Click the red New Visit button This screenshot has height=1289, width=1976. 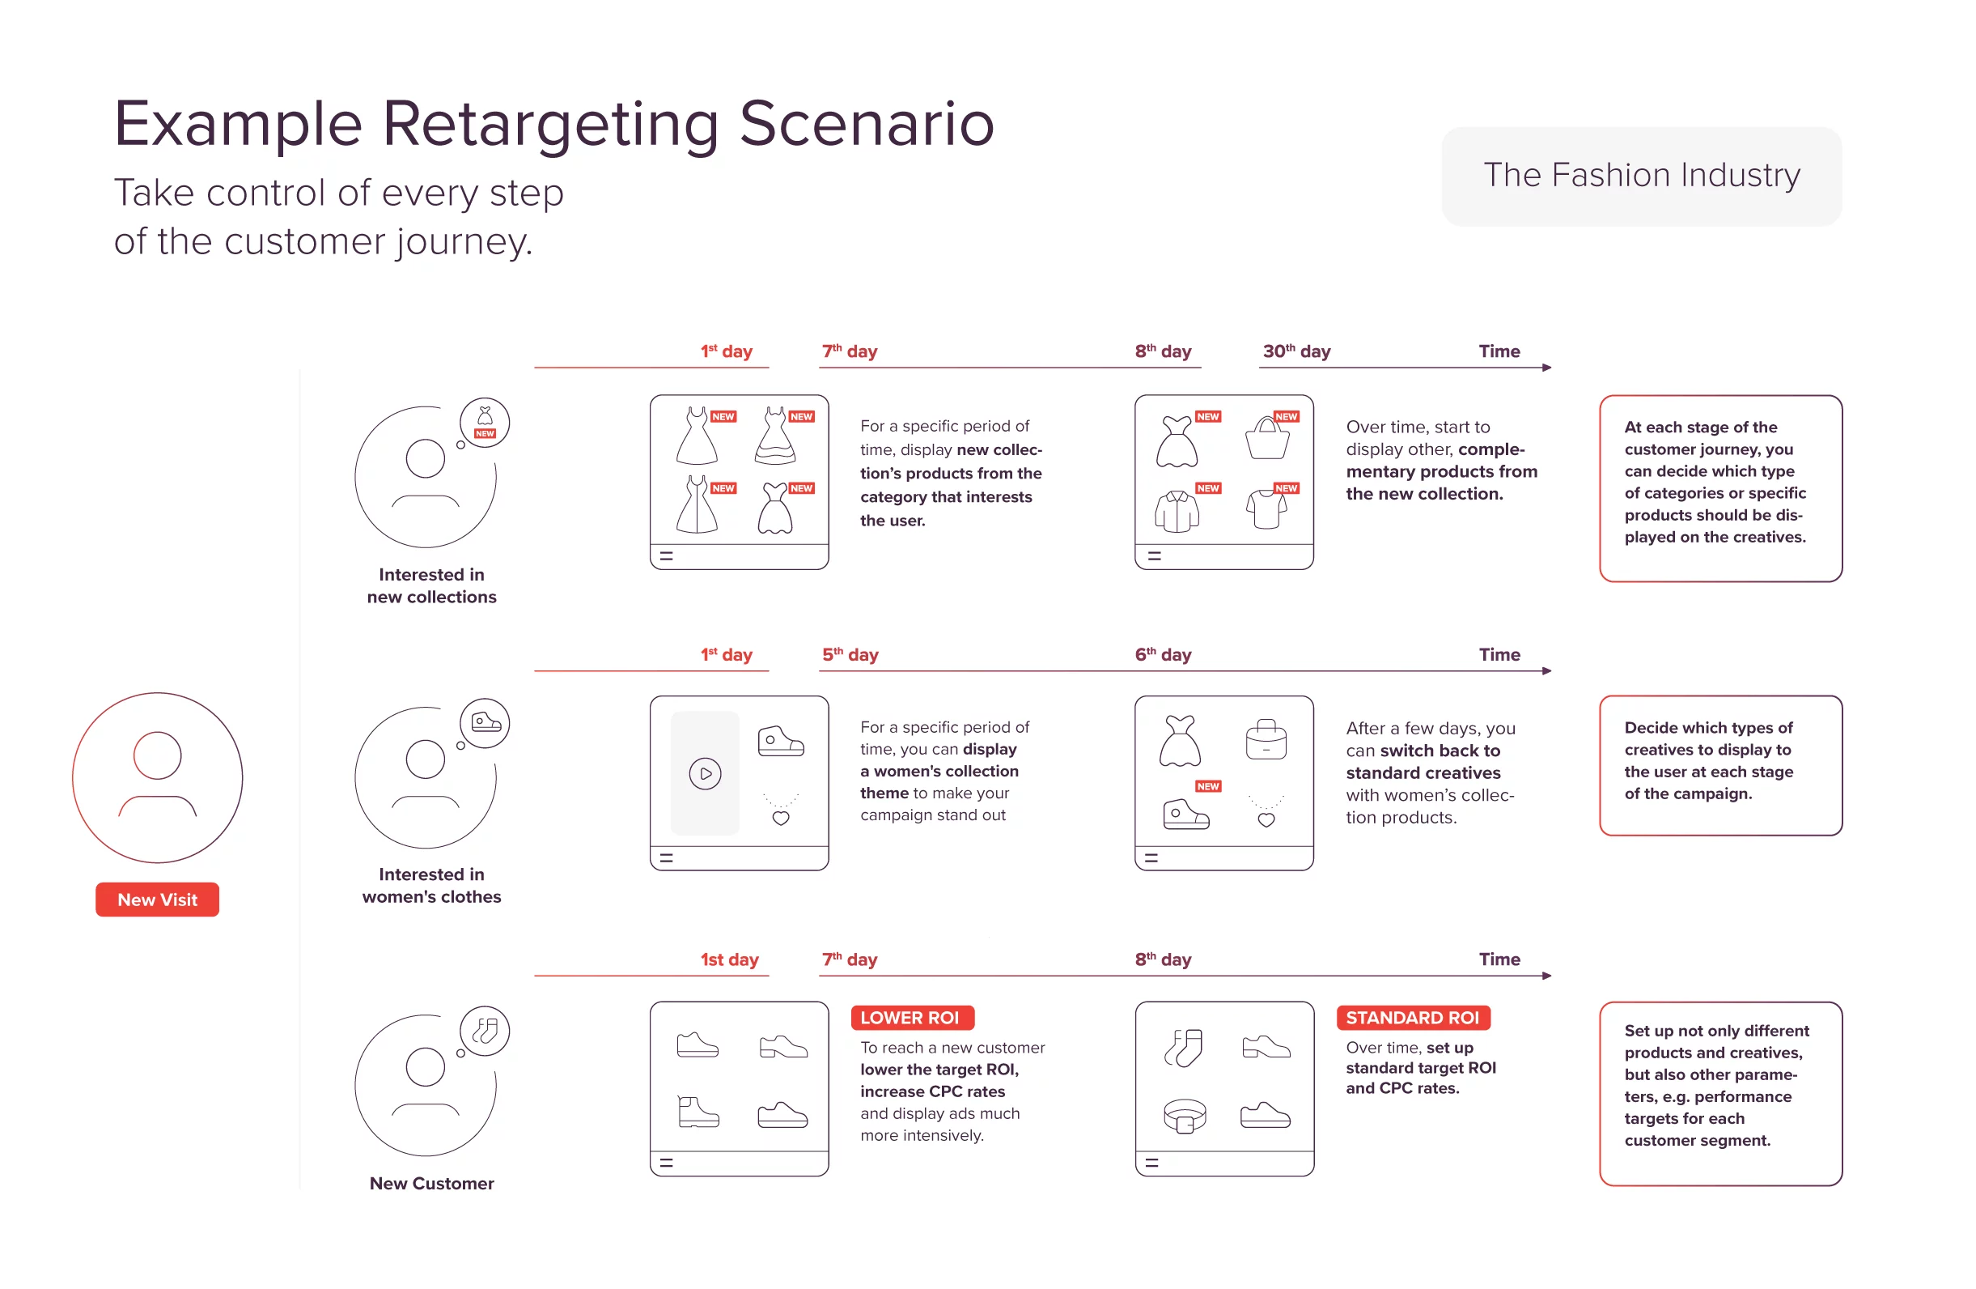coord(157,900)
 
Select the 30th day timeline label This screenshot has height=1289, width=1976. coord(1296,351)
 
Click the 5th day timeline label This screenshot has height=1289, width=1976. coord(850,654)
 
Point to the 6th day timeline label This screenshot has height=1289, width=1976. coord(1162,654)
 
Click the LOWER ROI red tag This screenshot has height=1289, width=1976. coord(911,1018)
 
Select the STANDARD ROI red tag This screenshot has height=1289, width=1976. coord(1412,1018)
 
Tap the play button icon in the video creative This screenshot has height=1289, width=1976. coord(705,774)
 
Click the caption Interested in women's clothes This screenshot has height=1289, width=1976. coord(431,885)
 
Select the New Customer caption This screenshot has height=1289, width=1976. coord(431,1184)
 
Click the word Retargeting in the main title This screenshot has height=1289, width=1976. coord(549,125)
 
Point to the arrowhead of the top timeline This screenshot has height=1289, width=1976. coord(1547,367)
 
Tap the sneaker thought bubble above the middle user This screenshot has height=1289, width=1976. coord(485,723)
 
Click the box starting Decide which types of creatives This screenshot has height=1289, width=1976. coord(1719,765)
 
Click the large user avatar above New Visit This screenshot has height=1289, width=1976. coord(157,777)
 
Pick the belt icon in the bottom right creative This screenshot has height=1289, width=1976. coord(1184,1116)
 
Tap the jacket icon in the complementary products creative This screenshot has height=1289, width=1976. coord(1177,511)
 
